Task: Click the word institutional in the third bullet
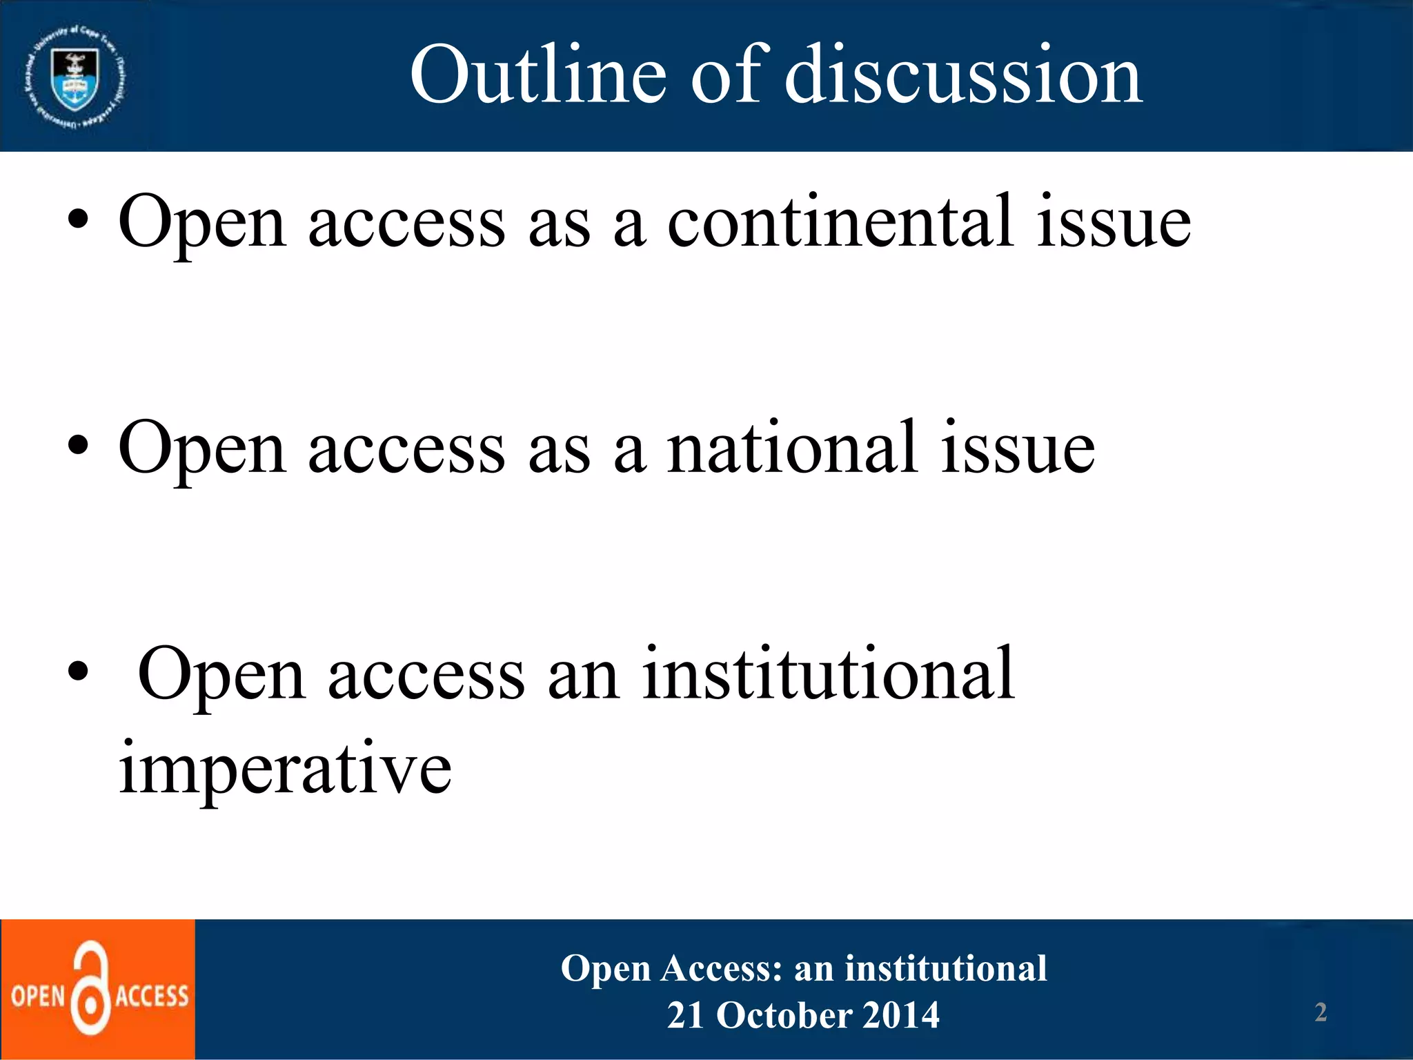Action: [828, 674]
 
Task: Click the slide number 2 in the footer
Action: [1321, 1012]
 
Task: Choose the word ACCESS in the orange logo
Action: [152, 997]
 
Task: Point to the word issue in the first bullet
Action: [1114, 222]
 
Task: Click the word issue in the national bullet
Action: [1018, 449]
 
